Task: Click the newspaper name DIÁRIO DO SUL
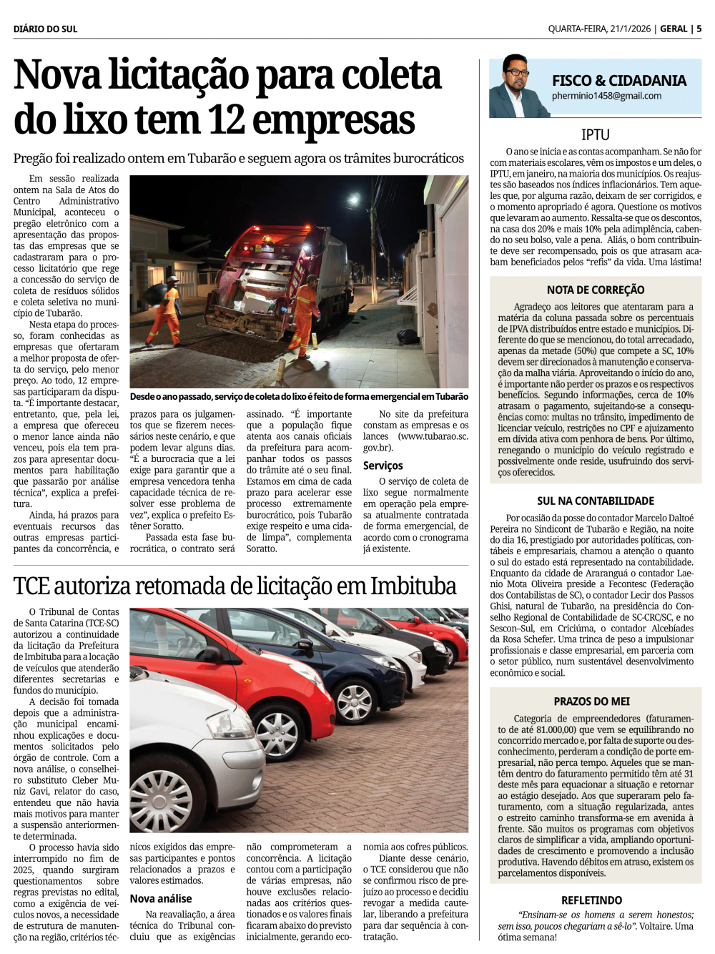pos(45,29)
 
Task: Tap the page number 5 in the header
pos(699,29)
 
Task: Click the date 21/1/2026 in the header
pos(630,29)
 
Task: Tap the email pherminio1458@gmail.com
pos(606,96)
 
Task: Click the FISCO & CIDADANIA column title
pos(618,80)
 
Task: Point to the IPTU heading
pos(595,134)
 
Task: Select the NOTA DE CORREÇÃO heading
pos(595,290)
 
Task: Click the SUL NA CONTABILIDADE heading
pos(595,501)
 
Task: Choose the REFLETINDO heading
pos(591,900)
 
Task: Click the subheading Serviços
pos(383,466)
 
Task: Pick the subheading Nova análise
pos(161,898)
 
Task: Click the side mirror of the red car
pos(212,654)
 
